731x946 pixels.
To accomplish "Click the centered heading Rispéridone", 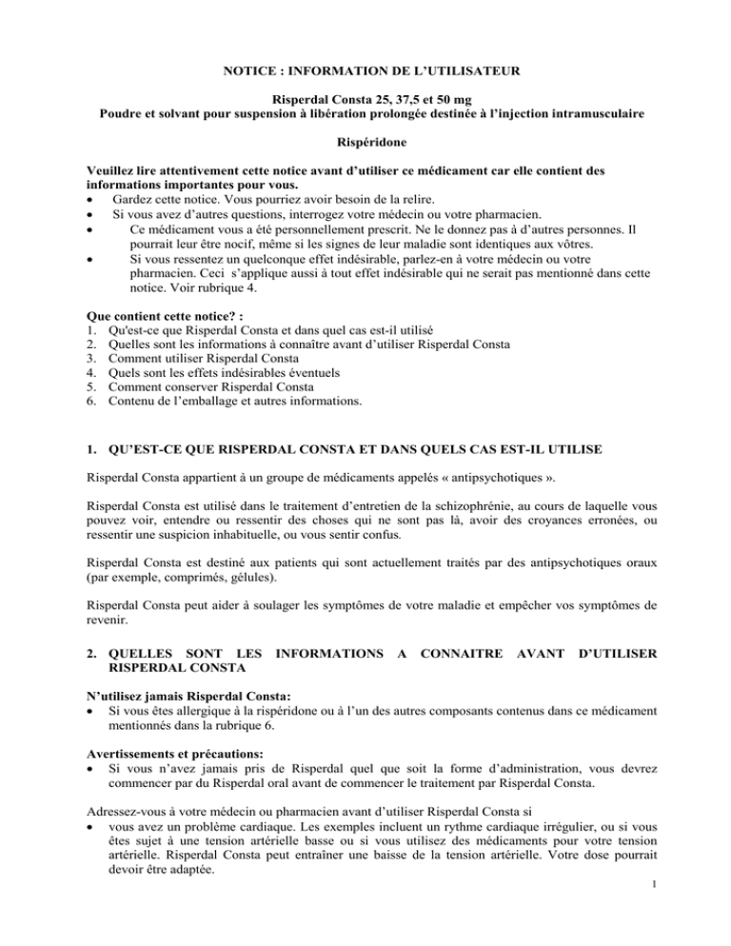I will (365, 149).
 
